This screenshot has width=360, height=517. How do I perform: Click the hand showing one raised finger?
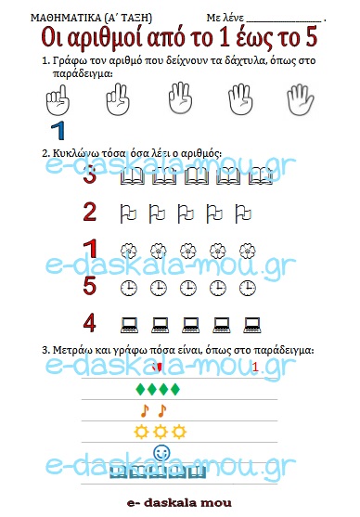[58, 99]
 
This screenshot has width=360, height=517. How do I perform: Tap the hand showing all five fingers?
[301, 99]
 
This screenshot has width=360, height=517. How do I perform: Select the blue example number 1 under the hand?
[58, 131]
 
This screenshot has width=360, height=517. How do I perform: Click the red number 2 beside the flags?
[90, 212]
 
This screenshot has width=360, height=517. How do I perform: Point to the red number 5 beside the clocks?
[90, 286]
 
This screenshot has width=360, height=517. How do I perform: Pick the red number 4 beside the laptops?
[90, 323]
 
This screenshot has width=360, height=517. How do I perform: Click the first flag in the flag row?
[128, 213]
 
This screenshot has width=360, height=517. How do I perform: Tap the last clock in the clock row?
[247, 288]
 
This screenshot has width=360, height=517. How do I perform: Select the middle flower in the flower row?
[188, 252]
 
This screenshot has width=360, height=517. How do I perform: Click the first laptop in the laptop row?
[129, 325]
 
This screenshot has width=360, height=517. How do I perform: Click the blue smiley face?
[161, 452]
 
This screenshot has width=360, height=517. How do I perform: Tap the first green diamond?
[141, 389]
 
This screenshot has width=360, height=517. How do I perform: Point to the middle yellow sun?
[161, 432]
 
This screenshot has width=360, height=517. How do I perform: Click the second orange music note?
[161, 411]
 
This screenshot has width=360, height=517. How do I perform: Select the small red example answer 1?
[255, 367]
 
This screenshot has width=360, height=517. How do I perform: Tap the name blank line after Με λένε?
[284, 21]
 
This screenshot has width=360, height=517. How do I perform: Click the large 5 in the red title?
[311, 36]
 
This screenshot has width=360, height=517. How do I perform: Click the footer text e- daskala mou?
[179, 503]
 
